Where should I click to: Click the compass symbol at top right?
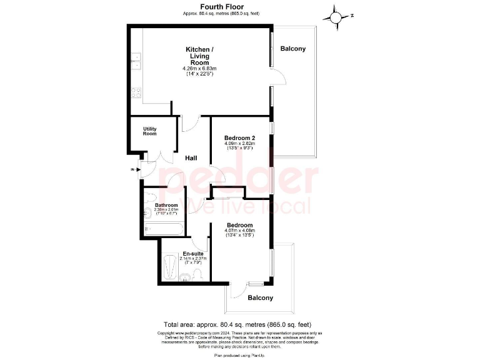pyautogui.click(x=337, y=17)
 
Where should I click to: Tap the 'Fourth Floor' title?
pyautogui.click(x=217, y=6)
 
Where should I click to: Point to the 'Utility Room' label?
pyautogui.click(x=149, y=131)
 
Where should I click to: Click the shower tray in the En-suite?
pyautogui.click(x=170, y=267)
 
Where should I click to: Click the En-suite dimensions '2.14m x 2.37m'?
pyautogui.click(x=193, y=258)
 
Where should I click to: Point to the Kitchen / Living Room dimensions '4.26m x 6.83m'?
pyautogui.click(x=199, y=68)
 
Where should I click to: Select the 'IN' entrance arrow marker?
pyautogui.click(x=133, y=169)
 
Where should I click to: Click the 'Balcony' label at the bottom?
pyautogui.click(x=260, y=298)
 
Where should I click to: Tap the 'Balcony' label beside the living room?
pyautogui.click(x=292, y=49)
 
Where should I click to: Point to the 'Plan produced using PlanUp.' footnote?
pyautogui.click(x=239, y=355)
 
